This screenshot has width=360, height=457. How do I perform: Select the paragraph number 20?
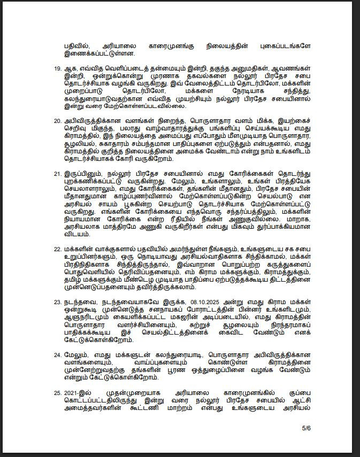pos(58,121)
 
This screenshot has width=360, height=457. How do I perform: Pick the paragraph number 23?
pos(58,302)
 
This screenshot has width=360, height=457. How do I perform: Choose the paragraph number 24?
pos(58,354)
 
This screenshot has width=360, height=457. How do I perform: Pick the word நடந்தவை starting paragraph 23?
pos(79,302)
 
